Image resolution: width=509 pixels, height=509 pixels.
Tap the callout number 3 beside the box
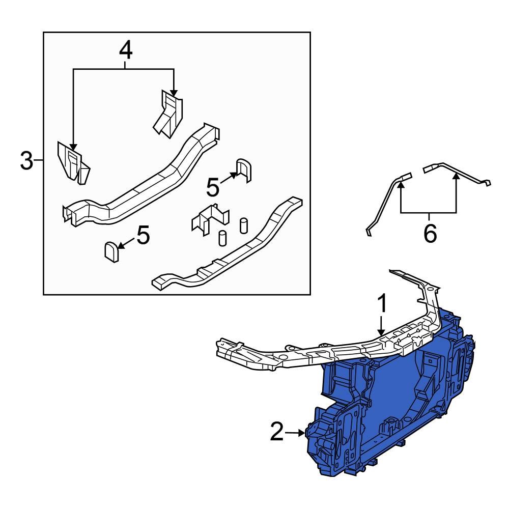pos(26,162)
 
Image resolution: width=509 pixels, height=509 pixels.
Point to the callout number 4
pos(126,50)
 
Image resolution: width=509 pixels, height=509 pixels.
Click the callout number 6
pos(430,234)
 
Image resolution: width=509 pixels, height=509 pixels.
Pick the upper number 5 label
pos(213,187)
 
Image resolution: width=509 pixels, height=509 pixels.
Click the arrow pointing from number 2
pos(295,433)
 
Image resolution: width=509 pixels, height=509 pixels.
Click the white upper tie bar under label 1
pos(316,351)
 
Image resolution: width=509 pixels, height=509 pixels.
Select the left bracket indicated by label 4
pos(73,163)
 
